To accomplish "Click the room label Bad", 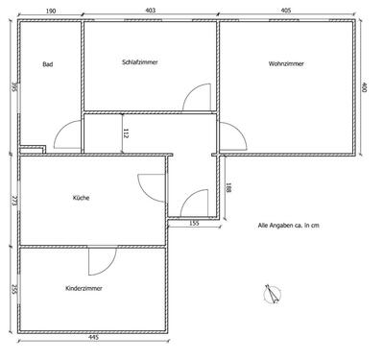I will point(47,65).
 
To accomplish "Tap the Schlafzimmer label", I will point(140,62).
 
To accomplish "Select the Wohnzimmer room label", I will point(286,63).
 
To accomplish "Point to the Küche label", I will point(82,199).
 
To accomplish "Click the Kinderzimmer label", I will point(84,288).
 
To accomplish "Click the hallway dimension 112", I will point(126,133).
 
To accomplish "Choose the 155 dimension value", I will point(194,224).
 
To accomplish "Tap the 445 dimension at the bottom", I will point(92,338).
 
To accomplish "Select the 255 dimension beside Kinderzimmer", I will point(12,288).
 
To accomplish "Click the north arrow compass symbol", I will point(274,295).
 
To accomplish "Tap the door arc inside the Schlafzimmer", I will point(198,98).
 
